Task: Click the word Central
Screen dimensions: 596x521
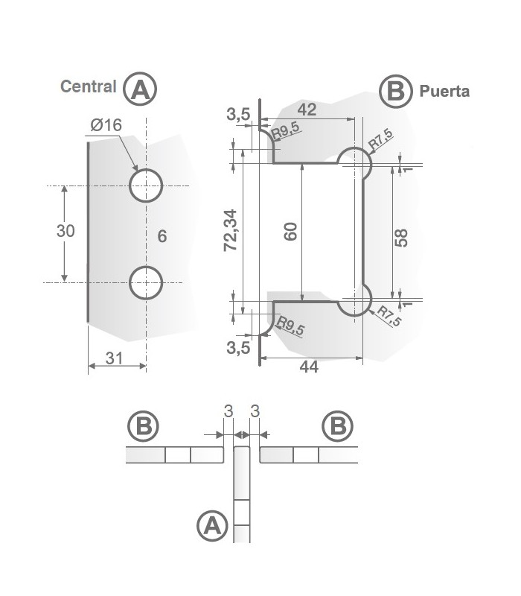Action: click(88, 86)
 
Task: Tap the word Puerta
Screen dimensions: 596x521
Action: click(444, 92)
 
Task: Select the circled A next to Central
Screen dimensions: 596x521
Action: click(140, 87)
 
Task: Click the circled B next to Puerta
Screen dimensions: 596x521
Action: click(395, 92)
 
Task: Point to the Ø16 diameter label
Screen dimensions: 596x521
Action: click(106, 125)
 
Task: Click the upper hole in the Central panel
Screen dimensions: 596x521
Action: click(146, 186)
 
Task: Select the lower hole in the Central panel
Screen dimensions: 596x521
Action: click(146, 283)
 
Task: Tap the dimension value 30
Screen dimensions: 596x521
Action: click(66, 231)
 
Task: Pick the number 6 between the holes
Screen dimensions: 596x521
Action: click(162, 236)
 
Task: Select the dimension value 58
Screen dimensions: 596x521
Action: click(401, 238)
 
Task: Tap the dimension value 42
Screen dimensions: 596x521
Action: click(307, 110)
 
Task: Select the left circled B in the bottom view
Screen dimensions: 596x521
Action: click(143, 427)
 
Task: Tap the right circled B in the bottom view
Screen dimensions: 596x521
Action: click(337, 427)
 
